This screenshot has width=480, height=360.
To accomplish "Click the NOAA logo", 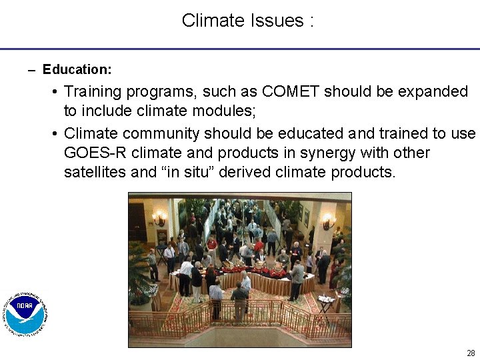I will pos(26,313).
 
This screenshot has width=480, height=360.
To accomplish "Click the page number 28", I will pos(471,353).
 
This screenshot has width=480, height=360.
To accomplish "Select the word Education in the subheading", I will pos(76,69).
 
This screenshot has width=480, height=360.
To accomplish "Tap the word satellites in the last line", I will pos(95,172).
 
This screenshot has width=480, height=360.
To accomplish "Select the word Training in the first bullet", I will pos(94,91).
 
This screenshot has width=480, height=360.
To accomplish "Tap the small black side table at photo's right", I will pos(325,303).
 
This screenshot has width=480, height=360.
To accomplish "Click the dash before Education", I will pos(32,70).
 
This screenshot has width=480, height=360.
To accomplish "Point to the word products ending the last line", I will pos(366,172).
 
